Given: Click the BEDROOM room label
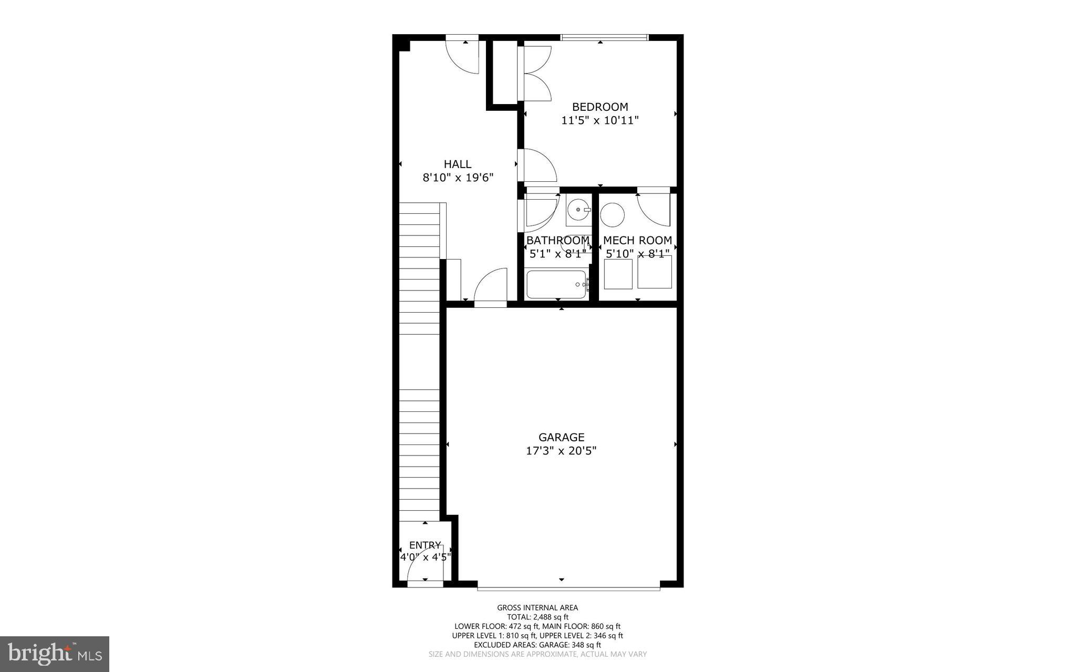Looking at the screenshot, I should pos(600,107).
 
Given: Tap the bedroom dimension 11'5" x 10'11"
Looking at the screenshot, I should pos(600,120).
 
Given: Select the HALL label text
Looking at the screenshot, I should pos(458,164).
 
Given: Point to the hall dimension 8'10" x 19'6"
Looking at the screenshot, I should pos(458,178).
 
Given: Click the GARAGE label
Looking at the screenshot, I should pos(561,437).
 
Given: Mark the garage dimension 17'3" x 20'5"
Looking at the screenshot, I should pos(561,451).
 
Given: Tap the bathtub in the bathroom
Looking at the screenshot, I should pos(556,284).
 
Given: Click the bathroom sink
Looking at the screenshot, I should pos(578,210).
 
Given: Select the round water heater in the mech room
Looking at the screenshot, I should pos(612,214).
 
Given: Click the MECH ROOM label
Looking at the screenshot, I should pos(637,241).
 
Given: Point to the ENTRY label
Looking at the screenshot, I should pos(425,545).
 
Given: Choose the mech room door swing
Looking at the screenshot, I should pos(654,210).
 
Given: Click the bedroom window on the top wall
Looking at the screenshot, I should pos(604,37).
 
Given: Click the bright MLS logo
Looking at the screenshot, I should pos(55,654).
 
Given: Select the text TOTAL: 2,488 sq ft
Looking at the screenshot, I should pos(537,617).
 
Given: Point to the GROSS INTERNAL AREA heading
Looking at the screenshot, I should pos(537,608).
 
